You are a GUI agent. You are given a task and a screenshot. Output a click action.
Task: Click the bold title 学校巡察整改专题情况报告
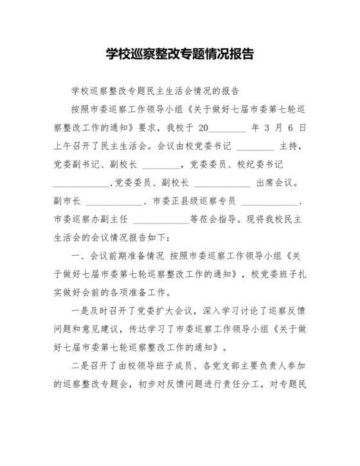(x=179, y=54)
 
